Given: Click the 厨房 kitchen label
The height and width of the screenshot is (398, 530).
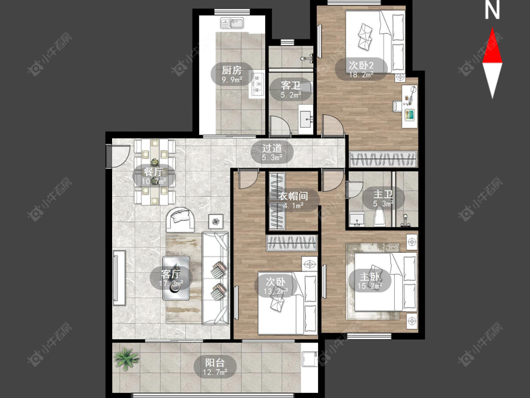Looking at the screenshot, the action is (x=232, y=70).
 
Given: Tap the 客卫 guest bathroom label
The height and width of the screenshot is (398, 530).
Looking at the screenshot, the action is (x=291, y=85).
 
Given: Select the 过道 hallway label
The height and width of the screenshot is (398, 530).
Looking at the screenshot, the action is (x=272, y=148).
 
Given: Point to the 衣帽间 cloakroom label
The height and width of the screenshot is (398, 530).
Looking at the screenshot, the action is (x=294, y=196).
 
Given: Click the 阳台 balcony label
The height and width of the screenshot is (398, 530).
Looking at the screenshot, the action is (x=215, y=363).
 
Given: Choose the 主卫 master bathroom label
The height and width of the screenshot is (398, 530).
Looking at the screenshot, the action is (x=383, y=194).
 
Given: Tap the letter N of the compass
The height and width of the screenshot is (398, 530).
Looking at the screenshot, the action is (x=492, y=10).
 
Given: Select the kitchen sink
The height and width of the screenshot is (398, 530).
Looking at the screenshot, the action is (x=232, y=23).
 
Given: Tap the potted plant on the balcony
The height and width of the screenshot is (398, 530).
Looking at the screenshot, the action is (x=126, y=358).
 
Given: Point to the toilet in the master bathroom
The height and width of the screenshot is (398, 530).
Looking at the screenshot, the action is (x=380, y=217).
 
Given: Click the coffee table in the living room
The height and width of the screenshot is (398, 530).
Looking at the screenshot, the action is (x=176, y=278).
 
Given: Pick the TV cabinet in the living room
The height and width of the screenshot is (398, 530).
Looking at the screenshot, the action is (x=119, y=278).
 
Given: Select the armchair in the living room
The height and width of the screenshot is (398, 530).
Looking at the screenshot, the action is (x=180, y=220).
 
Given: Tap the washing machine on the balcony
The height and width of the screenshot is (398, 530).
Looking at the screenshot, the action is (x=309, y=359).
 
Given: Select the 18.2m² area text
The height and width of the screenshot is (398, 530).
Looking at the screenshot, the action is (x=361, y=75).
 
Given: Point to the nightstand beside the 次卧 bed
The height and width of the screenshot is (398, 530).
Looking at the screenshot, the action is (x=309, y=264).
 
